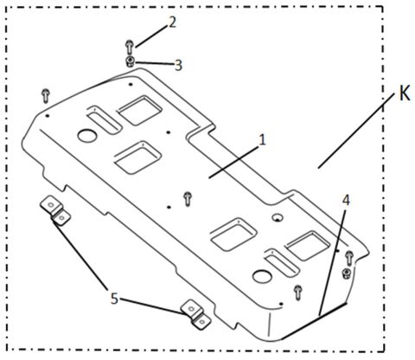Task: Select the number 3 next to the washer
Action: pyautogui.click(x=179, y=65)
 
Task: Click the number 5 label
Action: pyautogui.click(x=114, y=299)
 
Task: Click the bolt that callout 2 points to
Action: pyautogui.click(x=129, y=46)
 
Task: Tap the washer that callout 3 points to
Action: pyautogui.click(x=130, y=61)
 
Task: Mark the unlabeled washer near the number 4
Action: pyautogui.click(x=346, y=274)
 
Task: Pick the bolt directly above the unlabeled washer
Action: pyautogui.click(x=348, y=257)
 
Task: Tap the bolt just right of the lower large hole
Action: pyautogui.click(x=297, y=290)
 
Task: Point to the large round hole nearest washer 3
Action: pyautogui.click(x=88, y=135)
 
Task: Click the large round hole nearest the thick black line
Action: pyautogui.click(x=260, y=277)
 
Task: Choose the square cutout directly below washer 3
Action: pyautogui.click(x=137, y=110)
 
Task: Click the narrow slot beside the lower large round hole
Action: pyautogui.click(x=278, y=257)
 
